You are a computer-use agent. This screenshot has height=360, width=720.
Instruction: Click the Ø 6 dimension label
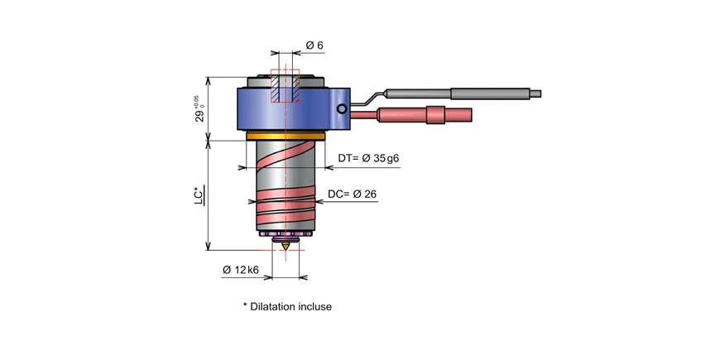coord(314,46)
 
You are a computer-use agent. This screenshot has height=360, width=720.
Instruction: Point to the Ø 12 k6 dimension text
coord(241,270)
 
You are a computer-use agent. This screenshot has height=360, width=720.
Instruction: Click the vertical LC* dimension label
coord(199,195)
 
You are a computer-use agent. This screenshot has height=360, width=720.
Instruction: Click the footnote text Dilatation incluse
coord(287,306)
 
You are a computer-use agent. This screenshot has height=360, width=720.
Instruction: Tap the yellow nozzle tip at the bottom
coord(286,247)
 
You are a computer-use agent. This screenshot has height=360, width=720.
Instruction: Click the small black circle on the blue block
coord(340,108)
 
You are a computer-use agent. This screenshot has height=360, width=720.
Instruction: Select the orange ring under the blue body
coord(286,136)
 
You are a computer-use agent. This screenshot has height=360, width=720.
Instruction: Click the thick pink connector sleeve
coord(436,115)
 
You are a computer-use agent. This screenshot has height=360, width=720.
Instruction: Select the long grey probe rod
coord(488,93)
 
